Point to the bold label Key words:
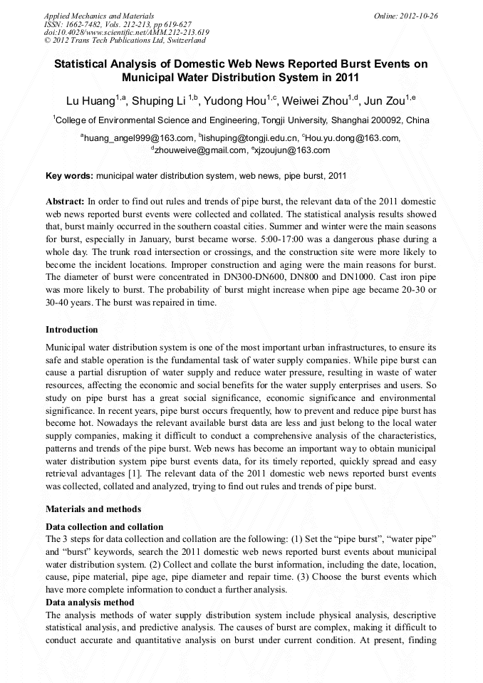pos(69,175)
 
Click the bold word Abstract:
pos(66,202)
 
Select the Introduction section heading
pos(72,330)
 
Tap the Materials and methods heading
pos(93,509)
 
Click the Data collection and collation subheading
pos(105,527)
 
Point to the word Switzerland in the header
pos(182,41)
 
